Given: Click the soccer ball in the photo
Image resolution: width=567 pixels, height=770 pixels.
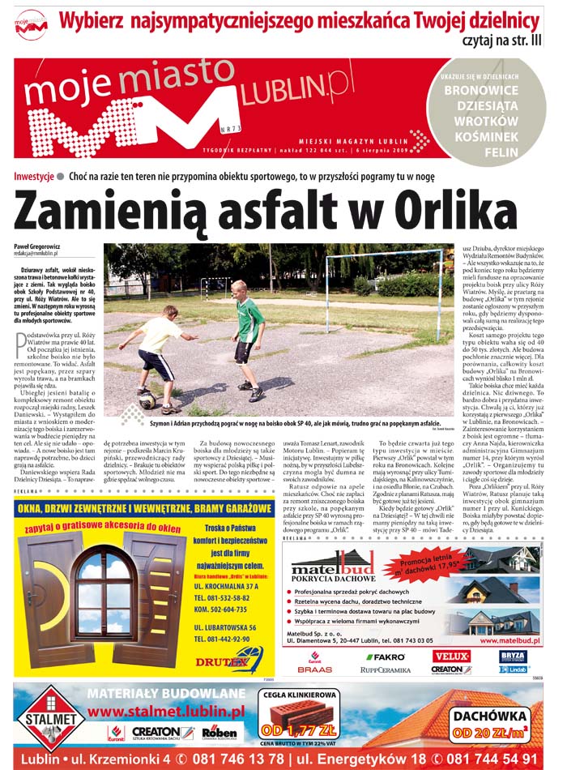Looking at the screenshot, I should click(x=147, y=400).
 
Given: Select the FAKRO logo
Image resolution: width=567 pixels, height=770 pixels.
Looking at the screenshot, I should click(x=385, y=657).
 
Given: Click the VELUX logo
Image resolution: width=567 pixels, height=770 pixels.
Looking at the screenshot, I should click(x=452, y=656).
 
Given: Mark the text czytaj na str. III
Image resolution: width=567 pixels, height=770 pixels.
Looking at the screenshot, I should click(x=503, y=40).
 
